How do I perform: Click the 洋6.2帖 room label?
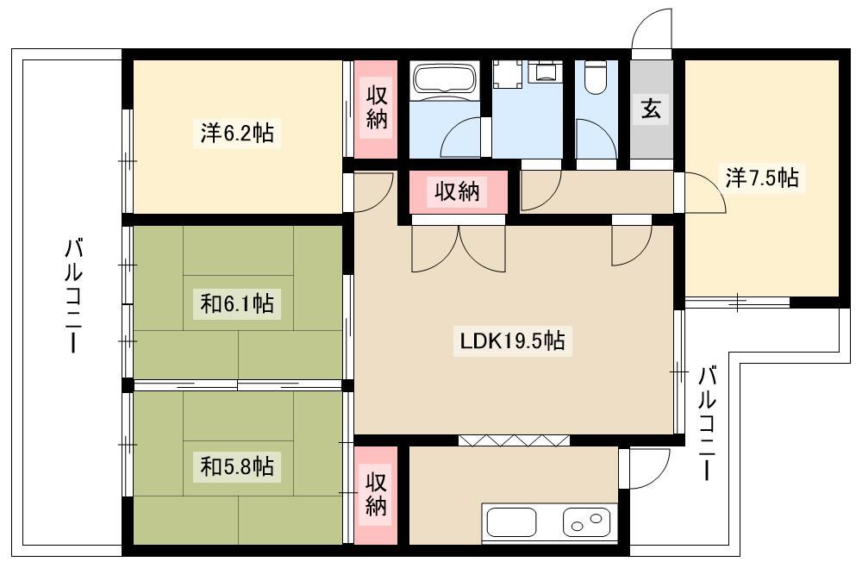pyautogui.click(x=237, y=133)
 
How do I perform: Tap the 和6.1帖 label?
pyautogui.click(x=237, y=303)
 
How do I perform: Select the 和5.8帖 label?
pyautogui.click(x=237, y=466)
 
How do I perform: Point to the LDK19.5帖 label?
pyautogui.click(x=512, y=341)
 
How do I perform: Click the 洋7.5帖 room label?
pyautogui.click(x=762, y=178)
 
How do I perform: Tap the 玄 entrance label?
pyautogui.click(x=651, y=109)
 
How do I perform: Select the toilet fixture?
pyautogui.click(x=596, y=78)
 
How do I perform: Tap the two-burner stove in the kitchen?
pyautogui.click(x=586, y=521)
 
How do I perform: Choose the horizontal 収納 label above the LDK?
pyautogui.click(x=458, y=191)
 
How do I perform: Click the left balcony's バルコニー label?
pyautogui.click(x=73, y=296)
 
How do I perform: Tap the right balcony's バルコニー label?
pyautogui.click(x=707, y=424)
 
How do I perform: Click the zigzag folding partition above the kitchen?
pyautogui.click(x=514, y=440)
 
